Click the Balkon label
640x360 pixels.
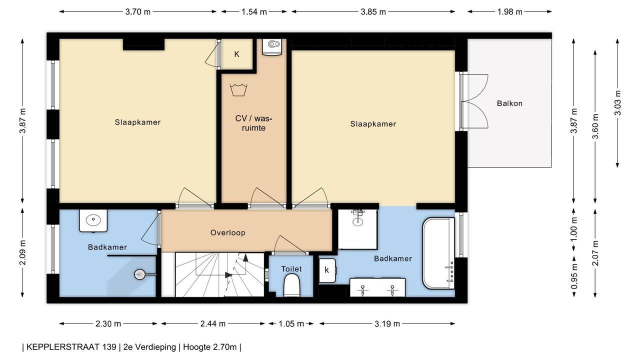(x=509, y=103)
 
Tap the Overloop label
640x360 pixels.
(x=227, y=232)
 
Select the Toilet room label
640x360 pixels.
(x=291, y=269)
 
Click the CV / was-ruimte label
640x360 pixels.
(x=253, y=123)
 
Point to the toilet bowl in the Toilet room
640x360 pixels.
(x=291, y=285)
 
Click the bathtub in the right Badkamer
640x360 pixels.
(x=438, y=253)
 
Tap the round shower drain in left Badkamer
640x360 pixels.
(x=139, y=274)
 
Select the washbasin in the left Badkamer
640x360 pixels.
(x=93, y=220)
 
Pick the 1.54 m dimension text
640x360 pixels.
(x=254, y=11)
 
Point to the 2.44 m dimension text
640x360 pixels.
(x=213, y=323)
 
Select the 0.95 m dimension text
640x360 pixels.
(x=574, y=276)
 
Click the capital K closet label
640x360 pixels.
(x=236, y=54)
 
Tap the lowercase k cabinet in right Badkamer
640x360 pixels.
(x=327, y=270)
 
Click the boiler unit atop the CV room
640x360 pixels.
(x=271, y=46)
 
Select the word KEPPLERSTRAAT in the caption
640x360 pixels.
(x=71, y=347)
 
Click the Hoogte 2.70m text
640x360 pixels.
(x=209, y=347)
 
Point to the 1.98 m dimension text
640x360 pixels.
(x=509, y=11)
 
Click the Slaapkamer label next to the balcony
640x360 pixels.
(x=373, y=124)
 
